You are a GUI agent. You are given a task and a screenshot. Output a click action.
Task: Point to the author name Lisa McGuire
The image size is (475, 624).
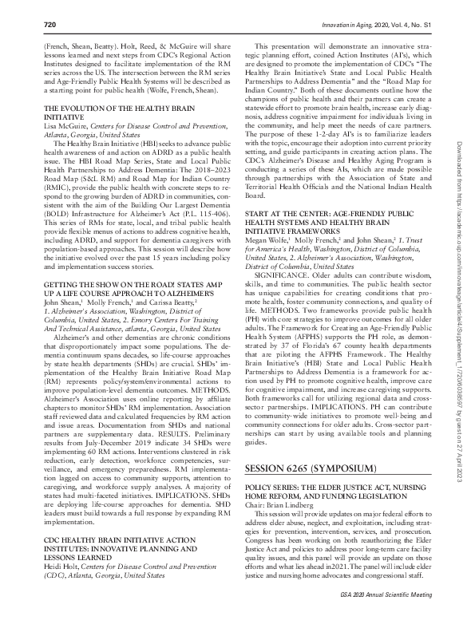[65, 124]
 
